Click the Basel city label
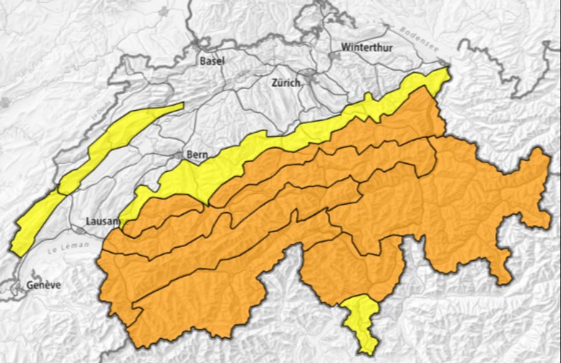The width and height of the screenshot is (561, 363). [x=212, y=61]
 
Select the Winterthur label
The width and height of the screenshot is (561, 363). [x=367, y=47]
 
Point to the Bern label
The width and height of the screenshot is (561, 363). [x=196, y=154]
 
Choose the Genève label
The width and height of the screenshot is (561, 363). [x=44, y=285]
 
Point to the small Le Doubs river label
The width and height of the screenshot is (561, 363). [x=95, y=116]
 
